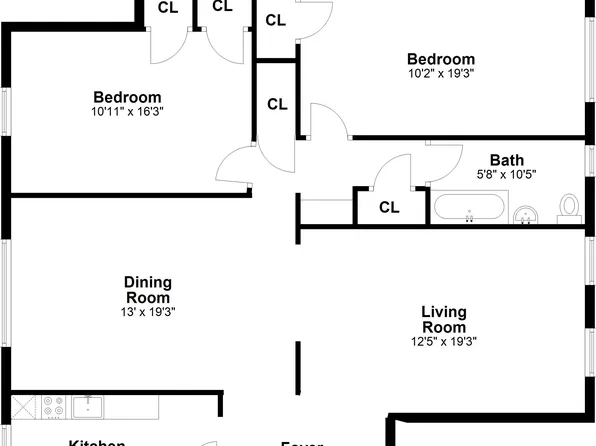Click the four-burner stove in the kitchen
[x=54, y=406]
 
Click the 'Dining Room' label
[x=147, y=289]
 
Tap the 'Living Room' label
[x=443, y=319]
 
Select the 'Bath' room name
[x=506, y=159]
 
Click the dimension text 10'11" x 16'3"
[x=127, y=111]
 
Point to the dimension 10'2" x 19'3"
[x=440, y=73]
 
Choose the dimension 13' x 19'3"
[x=147, y=312]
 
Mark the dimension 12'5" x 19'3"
[x=443, y=341]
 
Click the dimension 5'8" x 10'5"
[x=506, y=174]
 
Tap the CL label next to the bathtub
[x=389, y=207]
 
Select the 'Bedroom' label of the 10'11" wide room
[x=127, y=96]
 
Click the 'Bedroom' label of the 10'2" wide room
[x=440, y=58]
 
